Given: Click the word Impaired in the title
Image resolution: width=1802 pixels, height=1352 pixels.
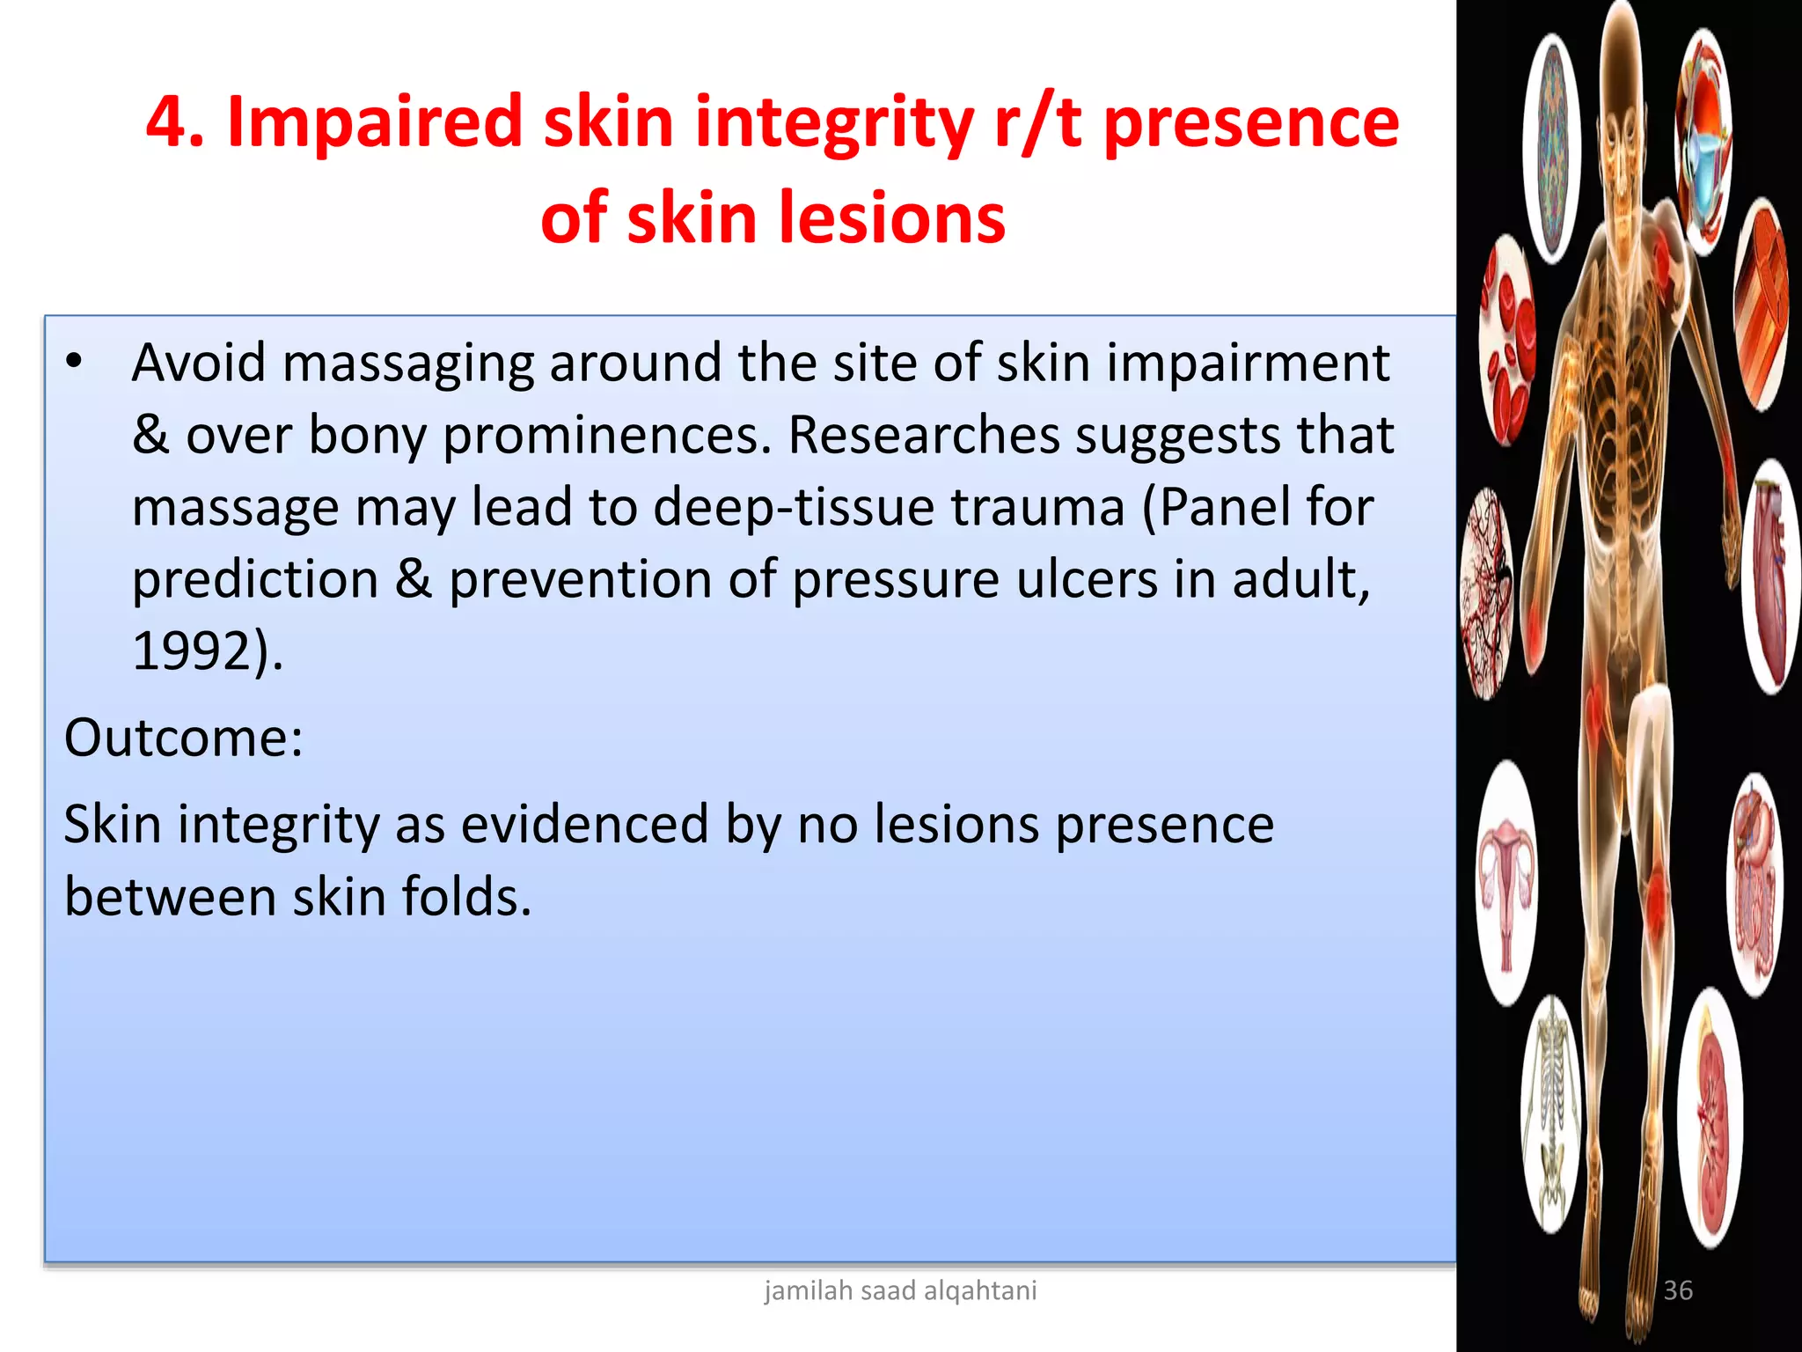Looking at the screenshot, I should click(x=375, y=122).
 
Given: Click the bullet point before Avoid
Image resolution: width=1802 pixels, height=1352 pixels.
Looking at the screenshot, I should click(x=75, y=362).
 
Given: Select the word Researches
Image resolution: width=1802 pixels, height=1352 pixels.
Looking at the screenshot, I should click(x=924, y=436).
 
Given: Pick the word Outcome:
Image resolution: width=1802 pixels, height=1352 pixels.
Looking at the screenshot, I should click(x=184, y=738).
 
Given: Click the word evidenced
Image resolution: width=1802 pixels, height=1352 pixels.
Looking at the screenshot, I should click(x=584, y=825).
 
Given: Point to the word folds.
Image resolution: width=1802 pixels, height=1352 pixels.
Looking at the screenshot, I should click(x=466, y=898).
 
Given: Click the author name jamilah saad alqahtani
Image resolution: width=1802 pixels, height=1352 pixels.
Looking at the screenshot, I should click(x=900, y=1290).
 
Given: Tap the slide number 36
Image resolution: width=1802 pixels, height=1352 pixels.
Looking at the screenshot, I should click(x=1678, y=1290).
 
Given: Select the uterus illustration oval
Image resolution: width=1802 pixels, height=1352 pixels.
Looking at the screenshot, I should click(x=1506, y=883).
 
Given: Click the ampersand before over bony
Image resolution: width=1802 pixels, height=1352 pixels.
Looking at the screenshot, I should click(x=150, y=436).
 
